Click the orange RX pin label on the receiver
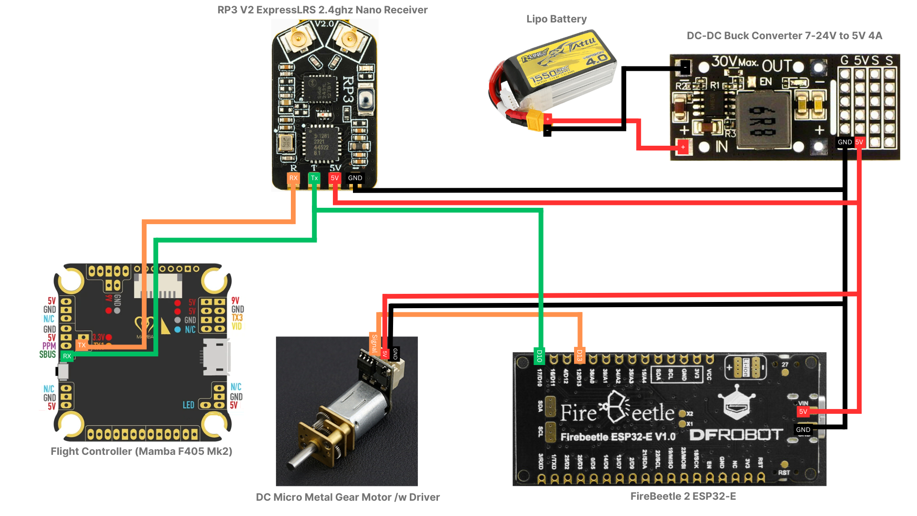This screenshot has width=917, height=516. coord(293,178)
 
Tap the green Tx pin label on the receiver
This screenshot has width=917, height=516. coord(314,178)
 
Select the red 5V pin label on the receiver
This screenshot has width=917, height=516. coord(334,178)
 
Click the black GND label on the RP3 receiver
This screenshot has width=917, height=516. coord(355,178)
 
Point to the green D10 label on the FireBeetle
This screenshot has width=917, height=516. coord(539,356)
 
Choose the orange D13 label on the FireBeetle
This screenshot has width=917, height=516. coord(579,356)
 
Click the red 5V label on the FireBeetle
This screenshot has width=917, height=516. coord(803,411)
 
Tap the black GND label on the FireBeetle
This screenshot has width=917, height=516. coord(803,430)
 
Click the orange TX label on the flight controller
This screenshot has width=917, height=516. coord(82,345)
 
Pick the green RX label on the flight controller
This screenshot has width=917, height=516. coord(67,356)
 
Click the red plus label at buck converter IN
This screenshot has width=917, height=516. coord(683,147)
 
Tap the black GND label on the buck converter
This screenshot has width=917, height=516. coord(844,142)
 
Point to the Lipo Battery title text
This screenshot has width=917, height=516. coord(556,19)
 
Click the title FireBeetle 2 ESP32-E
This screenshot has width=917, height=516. coord(683,496)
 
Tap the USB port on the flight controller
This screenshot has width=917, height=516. coord(216,357)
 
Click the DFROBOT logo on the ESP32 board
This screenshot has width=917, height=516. coord(736,435)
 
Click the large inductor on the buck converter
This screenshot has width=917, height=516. coord(763,119)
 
